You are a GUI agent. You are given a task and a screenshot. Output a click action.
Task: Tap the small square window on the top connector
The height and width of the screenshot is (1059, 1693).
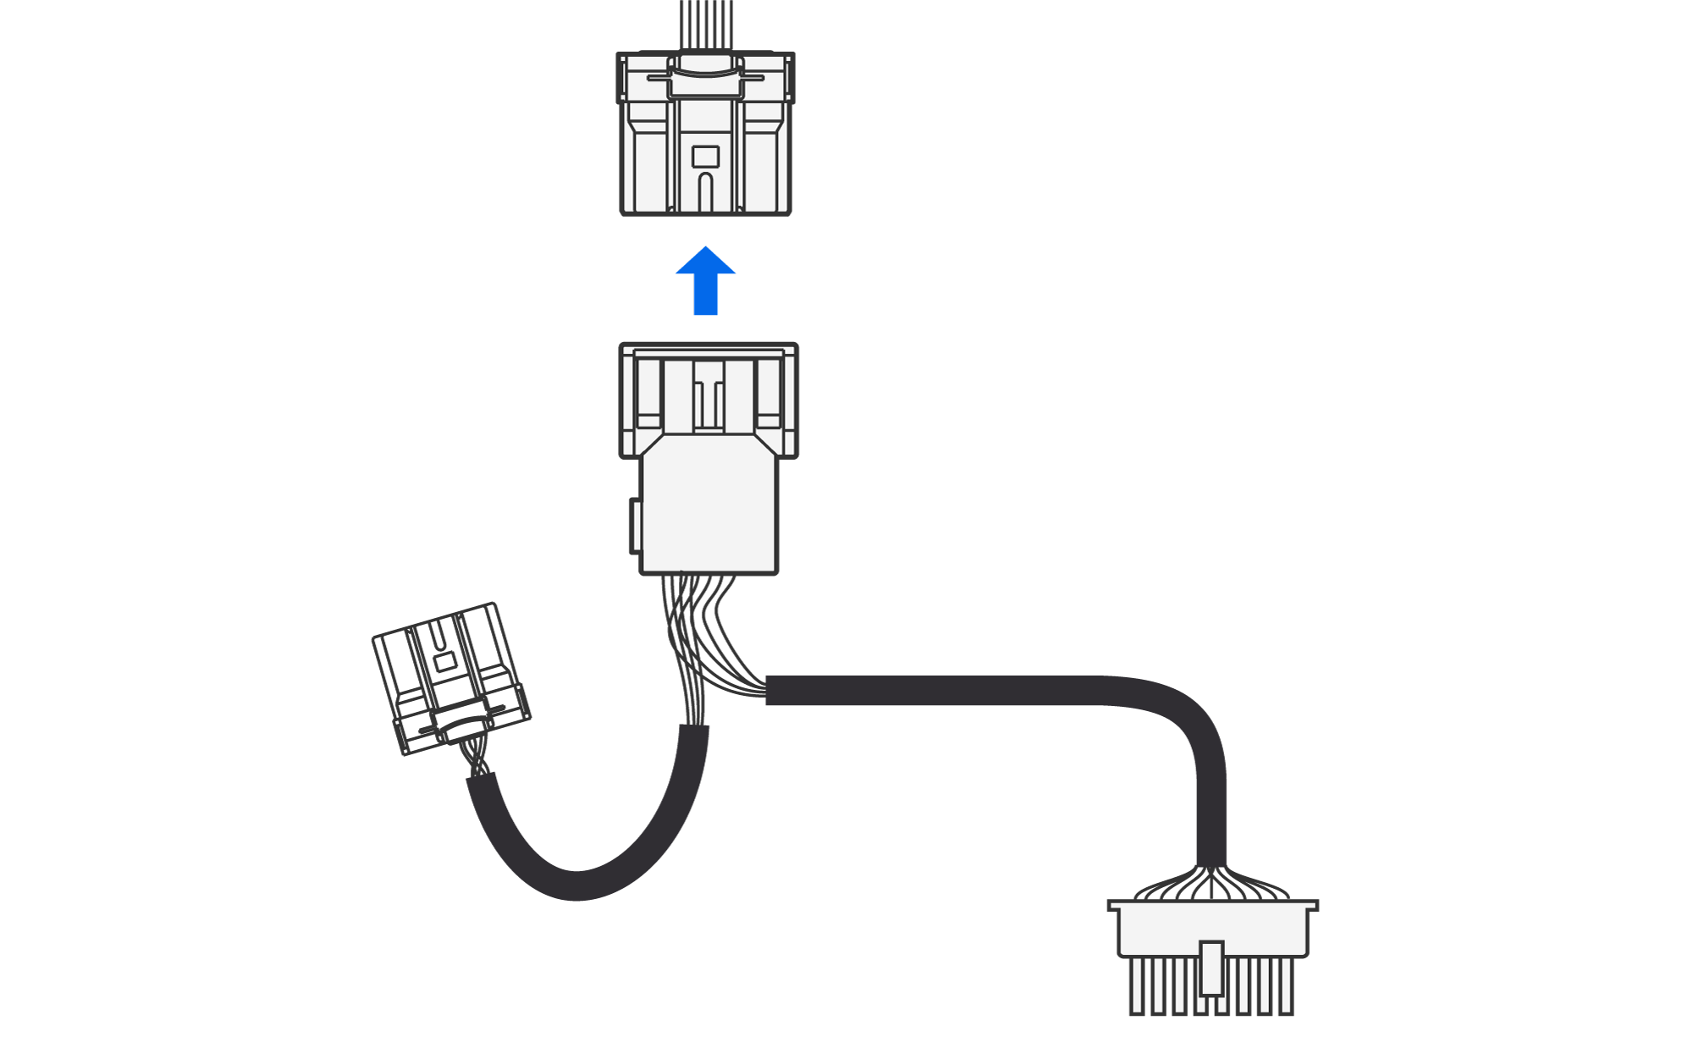click(705, 157)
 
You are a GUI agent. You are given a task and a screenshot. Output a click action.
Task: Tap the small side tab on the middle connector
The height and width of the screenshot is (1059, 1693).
click(635, 526)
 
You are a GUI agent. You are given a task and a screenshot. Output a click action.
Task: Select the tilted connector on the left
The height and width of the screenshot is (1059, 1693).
click(450, 677)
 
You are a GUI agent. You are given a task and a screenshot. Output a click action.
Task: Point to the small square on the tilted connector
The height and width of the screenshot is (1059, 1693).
click(444, 661)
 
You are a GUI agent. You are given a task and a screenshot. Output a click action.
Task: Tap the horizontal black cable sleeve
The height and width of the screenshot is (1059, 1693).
click(931, 690)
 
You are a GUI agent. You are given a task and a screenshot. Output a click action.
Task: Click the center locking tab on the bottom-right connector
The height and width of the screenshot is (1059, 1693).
click(1211, 968)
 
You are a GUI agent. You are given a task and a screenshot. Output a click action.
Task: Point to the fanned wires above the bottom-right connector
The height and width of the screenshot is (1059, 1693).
click(1211, 885)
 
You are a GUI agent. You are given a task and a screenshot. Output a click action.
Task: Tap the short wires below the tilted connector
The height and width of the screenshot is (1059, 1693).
click(477, 758)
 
